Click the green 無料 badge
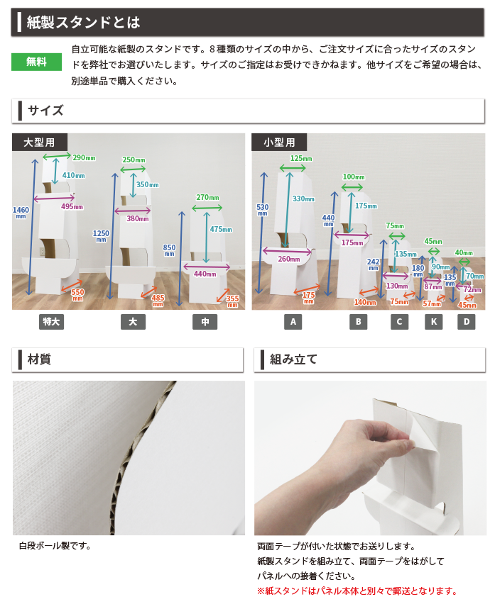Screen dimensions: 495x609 click(x=37, y=62)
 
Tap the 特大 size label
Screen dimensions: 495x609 click(x=51, y=322)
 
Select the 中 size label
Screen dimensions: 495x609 click(x=205, y=322)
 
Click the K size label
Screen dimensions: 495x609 click(x=433, y=322)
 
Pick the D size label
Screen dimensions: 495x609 click(x=466, y=322)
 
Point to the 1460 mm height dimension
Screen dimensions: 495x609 click(x=21, y=212)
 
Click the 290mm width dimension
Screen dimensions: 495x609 click(x=84, y=157)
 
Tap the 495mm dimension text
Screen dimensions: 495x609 click(x=72, y=206)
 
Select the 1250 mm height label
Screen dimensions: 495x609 click(x=101, y=235)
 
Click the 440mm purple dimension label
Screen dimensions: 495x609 click(x=205, y=274)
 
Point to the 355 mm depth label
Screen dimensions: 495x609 click(x=232, y=301)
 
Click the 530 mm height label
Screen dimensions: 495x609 click(x=263, y=209)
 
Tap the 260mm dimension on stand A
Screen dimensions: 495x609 click(x=289, y=259)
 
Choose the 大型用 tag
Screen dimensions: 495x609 click(x=39, y=143)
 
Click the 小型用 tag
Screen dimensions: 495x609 click(x=279, y=143)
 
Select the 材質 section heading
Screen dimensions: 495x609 click(x=39, y=359)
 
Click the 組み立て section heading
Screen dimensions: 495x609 click(x=294, y=359)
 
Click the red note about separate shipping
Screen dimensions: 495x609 click(x=357, y=591)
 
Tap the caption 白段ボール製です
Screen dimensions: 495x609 click(x=55, y=546)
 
